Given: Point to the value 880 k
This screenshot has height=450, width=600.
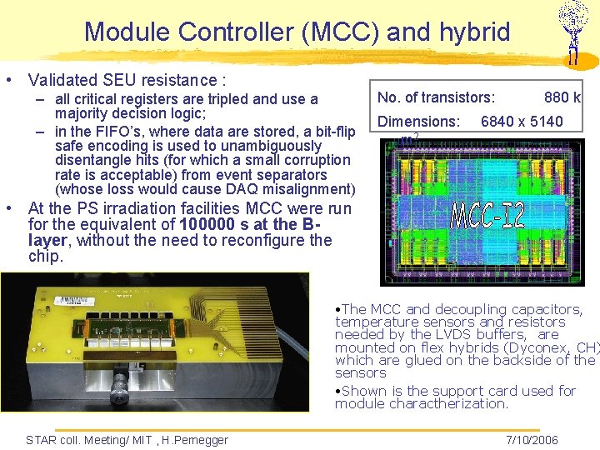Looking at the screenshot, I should [562, 98].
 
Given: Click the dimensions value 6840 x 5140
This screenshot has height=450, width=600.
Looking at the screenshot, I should [522, 122].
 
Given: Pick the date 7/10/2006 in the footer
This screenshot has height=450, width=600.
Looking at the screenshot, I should [532, 439].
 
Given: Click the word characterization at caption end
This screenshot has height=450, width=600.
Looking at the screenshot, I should [463, 403].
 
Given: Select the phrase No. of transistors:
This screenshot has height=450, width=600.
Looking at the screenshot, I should [436, 98].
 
